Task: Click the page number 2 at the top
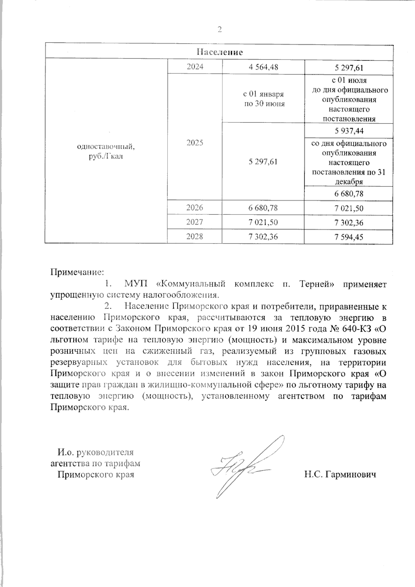click(x=219, y=30)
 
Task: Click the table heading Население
click(x=219, y=52)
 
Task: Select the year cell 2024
click(x=195, y=67)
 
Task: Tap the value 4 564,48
click(x=263, y=67)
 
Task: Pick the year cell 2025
click(x=195, y=143)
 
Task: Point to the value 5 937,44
click(x=349, y=131)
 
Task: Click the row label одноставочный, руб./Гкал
click(x=106, y=151)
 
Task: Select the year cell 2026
click(x=195, y=208)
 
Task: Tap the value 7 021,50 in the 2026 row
click(x=349, y=208)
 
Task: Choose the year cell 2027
click(x=195, y=222)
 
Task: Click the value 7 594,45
click(x=349, y=237)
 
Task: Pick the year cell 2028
click(x=195, y=237)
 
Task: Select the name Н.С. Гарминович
click(x=340, y=474)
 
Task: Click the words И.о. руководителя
click(x=95, y=452)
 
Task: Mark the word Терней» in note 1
click(x=319, y=284)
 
